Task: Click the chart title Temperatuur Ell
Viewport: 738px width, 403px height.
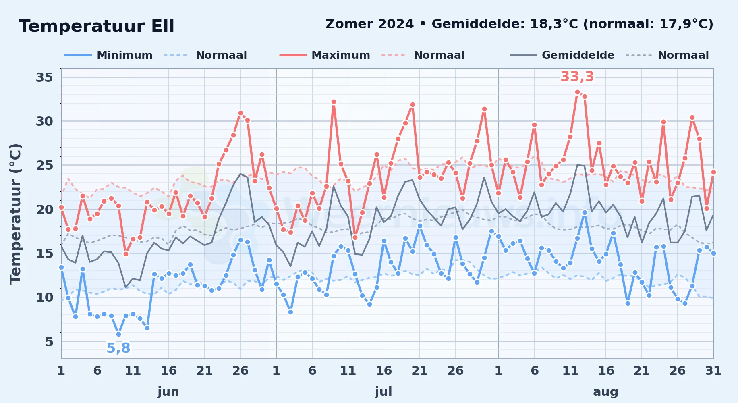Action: (x=96, y=26)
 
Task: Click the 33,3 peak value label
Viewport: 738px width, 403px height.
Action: (x=577, y=76)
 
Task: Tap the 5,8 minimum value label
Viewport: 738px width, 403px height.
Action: (x=118, y=348)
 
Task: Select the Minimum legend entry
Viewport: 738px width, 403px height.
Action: (x=108, y=55)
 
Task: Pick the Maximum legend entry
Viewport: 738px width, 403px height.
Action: (x=325, y=55)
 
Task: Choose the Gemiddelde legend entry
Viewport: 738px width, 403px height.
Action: (x=562, y=55)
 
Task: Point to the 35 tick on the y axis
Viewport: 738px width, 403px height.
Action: (x=44, y=77)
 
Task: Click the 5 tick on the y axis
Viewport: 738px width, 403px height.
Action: (x=49, y=342)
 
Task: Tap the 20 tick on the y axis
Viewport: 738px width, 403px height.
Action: (x=44, y=209)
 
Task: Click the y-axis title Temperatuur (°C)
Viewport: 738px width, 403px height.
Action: (x=16, y=214)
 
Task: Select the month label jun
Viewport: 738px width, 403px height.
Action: (x=168, y=391)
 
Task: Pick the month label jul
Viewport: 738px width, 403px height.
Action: (x=384, y=391)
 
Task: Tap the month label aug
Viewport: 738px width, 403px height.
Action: (x=605, y=391)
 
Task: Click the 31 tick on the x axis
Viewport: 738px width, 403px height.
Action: (x=713, y=370)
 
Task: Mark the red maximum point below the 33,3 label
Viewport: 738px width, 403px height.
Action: (x=577, y=92)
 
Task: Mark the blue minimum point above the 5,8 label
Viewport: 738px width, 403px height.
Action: (x=118, y=334)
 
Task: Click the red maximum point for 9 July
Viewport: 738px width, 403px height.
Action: (x=334, y=102)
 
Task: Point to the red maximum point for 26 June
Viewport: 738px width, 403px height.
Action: (x=240, y=113)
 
